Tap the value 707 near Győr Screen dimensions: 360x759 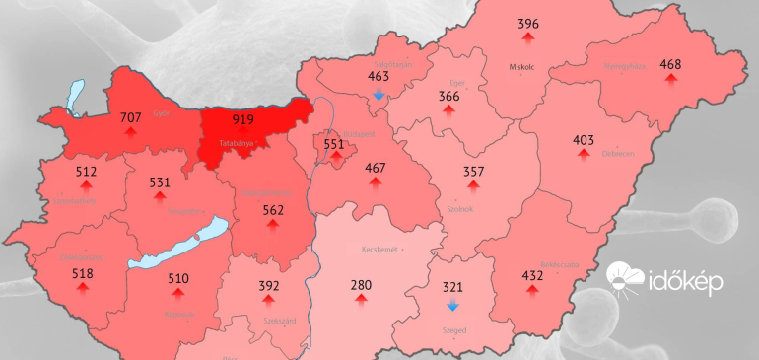point(130,117)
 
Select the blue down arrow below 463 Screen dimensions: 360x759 point(379,95)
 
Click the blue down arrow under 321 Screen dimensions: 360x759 point(452,306)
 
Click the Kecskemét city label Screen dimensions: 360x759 point(379,250)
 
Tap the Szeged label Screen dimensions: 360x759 point(453,329)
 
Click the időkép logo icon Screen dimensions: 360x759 point(625,280)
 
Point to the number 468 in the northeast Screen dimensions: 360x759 point(670,65)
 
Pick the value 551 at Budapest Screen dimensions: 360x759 point(335,144)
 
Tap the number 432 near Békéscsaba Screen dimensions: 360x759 point(532,276)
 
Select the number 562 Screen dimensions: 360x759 point(273,209)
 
